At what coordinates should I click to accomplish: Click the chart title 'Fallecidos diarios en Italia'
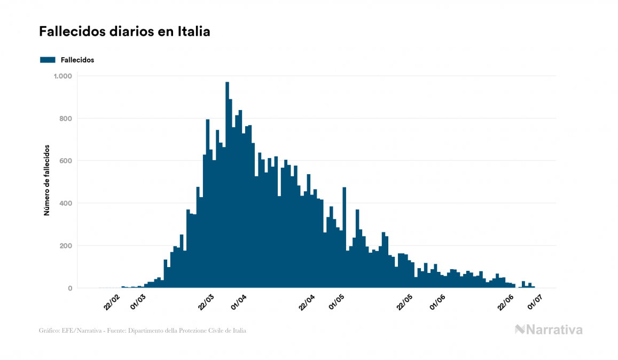[124, 32]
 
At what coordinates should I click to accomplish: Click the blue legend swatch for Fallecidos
[48, 60]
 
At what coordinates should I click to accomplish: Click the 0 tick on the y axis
[69, 288]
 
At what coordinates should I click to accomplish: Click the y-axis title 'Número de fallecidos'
[46, 180]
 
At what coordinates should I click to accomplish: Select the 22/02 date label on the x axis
[112, 302]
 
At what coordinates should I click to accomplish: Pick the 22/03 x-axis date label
[207, 302]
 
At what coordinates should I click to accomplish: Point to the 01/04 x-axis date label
[238, 302]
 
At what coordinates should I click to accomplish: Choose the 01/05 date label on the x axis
[337, 302]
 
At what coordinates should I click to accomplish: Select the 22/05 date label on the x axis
[405, 302]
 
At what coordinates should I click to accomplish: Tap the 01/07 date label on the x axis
[536, 302]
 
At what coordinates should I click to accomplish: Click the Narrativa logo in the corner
[549, 330]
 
